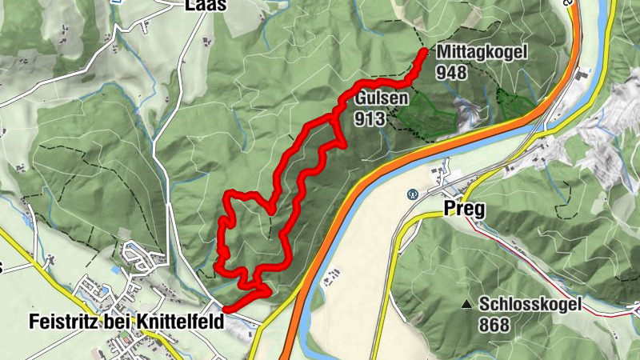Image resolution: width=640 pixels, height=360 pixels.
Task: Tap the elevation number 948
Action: coord(452,72)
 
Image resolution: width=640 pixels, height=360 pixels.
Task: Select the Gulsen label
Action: coord(383,99)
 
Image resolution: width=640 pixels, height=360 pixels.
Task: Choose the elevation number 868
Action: coord(496,325)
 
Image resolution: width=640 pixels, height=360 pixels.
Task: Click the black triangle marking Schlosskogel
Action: coord(466,304)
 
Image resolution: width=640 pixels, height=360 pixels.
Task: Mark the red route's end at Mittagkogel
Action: coord(423,53)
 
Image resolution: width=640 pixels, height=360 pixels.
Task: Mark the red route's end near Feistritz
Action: coord(226,309)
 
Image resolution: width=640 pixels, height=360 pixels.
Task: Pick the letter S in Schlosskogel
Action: coord(486,305)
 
